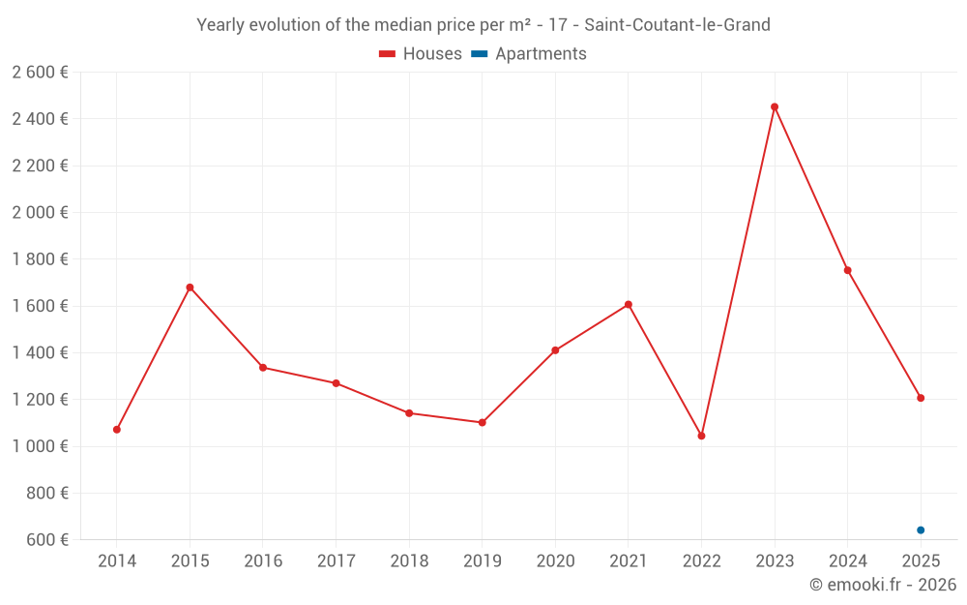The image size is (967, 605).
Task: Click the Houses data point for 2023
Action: tap(775, 106)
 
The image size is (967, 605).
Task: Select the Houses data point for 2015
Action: tap(190, 287)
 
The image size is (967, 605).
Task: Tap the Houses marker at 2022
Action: tap(701, 436)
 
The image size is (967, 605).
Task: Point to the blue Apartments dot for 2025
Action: tap(921, 530)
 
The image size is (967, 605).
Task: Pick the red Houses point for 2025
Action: tap(921, 398)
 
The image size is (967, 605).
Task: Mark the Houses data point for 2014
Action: tap(117, 430)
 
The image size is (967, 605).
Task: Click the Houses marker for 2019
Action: tap(483, 423)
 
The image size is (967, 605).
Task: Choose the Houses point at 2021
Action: tap(629, 304)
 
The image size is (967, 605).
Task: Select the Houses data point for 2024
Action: tap(847, 270)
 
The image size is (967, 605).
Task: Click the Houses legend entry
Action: tap(420, 53)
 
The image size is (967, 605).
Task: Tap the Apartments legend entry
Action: tap(529, 53)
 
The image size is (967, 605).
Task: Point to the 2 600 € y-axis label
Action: tap(40, 73)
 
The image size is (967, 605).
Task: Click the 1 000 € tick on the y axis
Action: tap(40, 446)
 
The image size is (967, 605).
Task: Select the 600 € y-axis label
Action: tap(47, 540)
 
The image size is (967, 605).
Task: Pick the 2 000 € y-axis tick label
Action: tap(40, 212)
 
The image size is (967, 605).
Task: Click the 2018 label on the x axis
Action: tap(409, 561)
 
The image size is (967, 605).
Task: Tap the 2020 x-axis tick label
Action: tap(556, 561)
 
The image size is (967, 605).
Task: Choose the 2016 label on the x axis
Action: tap(263, 561)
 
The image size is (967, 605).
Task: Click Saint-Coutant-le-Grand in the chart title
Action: tap(677, 25)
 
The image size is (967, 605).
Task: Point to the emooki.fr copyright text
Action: tap(883, 585)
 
